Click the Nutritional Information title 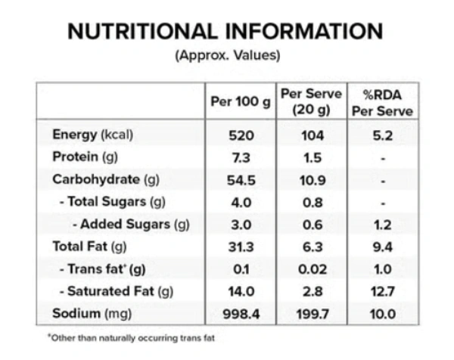[x=226, y=31]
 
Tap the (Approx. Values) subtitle [x=227, y=55]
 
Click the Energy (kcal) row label [x=92, y=135]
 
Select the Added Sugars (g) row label [x=129, y=224]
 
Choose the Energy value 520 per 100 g [x=239, y=135]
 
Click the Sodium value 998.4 [x=239, y=313]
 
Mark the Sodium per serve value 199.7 [x=311, y=313]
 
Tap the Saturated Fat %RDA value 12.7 [x=382, y=291]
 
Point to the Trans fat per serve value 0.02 [x=311, y=268]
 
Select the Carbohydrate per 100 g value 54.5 [x=239, y=179]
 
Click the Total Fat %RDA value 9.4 [x=382, y=247]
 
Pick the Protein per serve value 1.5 [x=311, y=157]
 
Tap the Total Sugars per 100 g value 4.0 [x=239, y=202]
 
